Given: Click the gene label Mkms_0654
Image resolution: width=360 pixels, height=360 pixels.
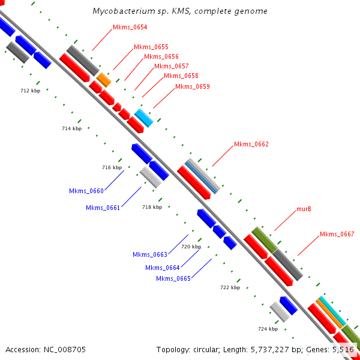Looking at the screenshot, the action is point(130,27).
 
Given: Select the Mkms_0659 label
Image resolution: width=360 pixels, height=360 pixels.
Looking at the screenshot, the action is point(193,86).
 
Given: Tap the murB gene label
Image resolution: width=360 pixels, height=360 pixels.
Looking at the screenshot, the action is point(304,209).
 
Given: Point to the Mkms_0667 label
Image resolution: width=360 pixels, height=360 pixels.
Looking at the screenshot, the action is point(337,234).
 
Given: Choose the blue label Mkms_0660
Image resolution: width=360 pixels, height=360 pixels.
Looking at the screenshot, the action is point(86,191).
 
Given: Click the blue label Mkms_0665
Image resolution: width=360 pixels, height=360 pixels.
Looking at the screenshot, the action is point(173,278).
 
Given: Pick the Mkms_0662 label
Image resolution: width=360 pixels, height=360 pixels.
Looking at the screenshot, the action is point(251,144).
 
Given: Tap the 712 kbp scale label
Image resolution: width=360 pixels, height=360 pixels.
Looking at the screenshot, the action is point(31,91).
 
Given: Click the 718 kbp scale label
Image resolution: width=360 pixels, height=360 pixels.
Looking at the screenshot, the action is point(152,207).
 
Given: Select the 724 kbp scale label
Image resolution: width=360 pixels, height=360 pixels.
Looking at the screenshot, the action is point(268,329).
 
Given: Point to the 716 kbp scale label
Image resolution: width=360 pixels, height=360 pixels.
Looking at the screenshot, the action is point(112,167).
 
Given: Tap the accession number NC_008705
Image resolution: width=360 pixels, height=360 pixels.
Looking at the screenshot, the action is point(65,350).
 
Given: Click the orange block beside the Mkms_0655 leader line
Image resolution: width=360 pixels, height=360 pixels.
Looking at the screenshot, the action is point(104,80).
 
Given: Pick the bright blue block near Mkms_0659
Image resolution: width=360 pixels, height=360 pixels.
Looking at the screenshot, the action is point(144,118).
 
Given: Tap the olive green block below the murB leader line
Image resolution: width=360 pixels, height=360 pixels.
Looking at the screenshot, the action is point(265,239).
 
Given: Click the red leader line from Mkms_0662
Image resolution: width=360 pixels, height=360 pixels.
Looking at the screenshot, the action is point(223,156).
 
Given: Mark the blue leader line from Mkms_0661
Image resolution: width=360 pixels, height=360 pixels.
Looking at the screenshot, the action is point(131,197).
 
